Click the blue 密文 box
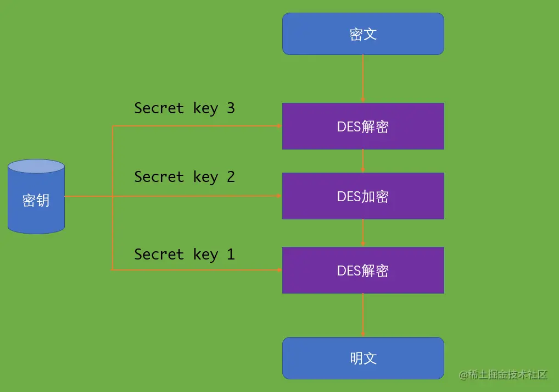point(363,34)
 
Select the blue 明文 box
point(363,358)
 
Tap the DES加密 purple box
point(363,196)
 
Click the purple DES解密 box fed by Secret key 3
point(363,126)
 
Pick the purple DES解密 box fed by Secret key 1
point(363,270)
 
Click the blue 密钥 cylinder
point(36,197)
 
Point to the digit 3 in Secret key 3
point(231,108)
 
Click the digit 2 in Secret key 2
point(231,176)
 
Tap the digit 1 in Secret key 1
point(231,254)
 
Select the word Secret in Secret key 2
point(159,176)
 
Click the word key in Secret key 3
point(205,108)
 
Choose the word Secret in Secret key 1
point(159,254)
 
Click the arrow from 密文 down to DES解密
point(363,78)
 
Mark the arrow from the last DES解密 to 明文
point(363,315)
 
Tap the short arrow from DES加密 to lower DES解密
point(363,233)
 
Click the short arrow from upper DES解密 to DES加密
point(363,161)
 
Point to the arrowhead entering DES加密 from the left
point(279,196)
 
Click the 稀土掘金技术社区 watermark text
point(504,374)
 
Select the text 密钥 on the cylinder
point(36,200)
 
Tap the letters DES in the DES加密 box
point(348,196)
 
